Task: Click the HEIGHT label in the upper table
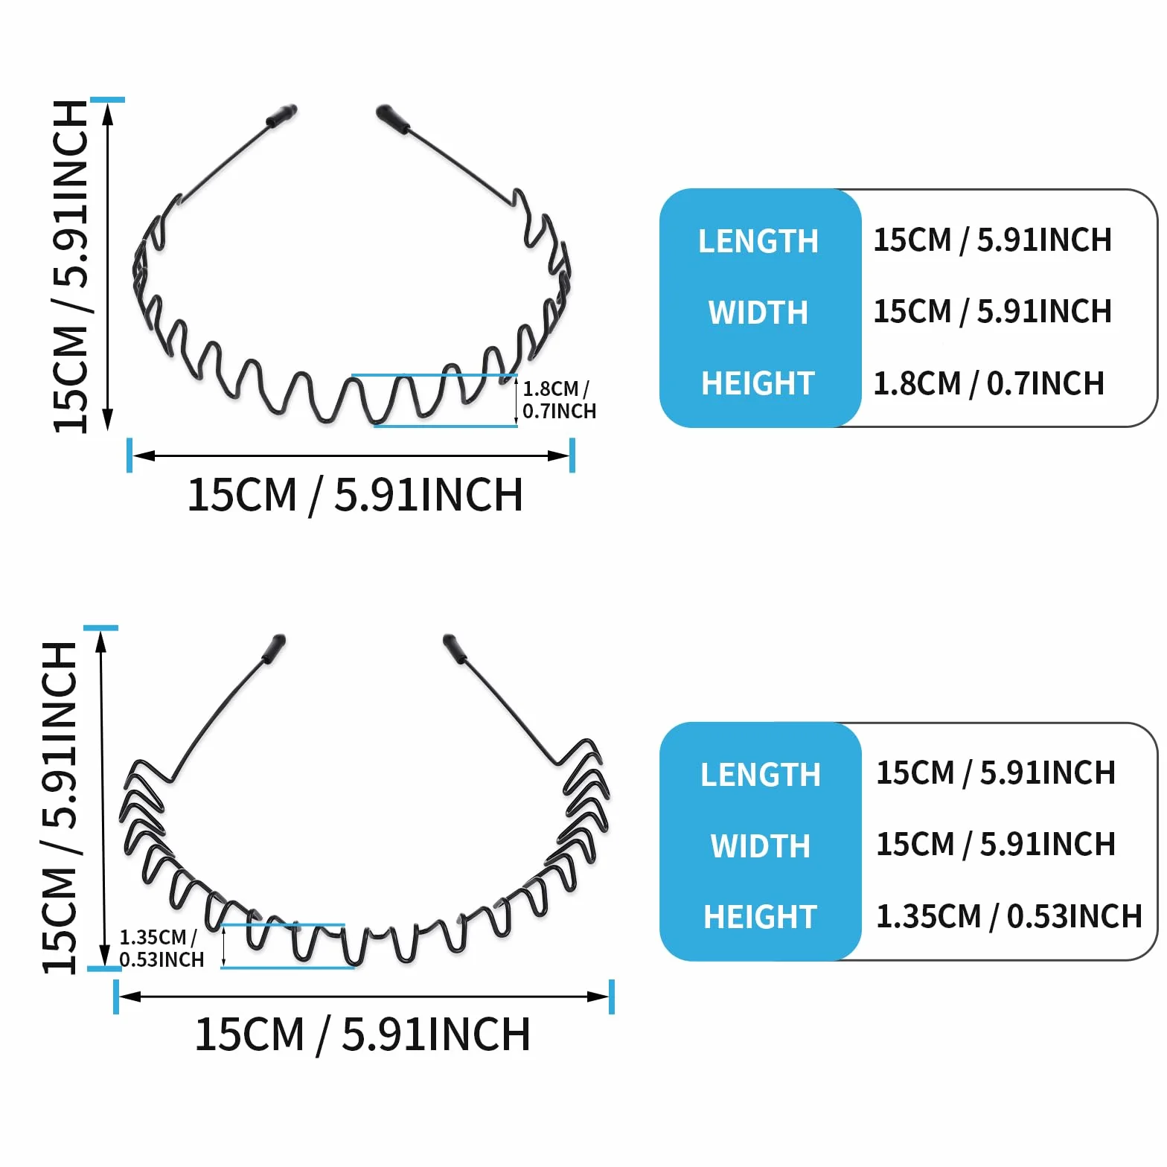pos(758,383)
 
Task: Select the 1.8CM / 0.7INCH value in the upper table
pos(988,383)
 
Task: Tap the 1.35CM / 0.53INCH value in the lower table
pos(1008,916)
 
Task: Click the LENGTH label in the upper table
pos(758,241)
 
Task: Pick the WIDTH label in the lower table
pos(760,846)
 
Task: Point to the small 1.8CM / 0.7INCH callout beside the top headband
pos(559,400)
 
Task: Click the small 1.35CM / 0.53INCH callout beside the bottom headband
pos(162,948)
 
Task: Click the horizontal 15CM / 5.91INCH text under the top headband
pos(355,495)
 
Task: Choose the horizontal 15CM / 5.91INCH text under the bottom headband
pos(362,1035)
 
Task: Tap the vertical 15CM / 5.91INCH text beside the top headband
pos(71,266)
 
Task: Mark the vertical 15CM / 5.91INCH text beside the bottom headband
pos(60,807)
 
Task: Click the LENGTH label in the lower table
pos(760,775)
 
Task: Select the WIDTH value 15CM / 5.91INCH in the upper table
pos(992,311)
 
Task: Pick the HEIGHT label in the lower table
pos(760,917)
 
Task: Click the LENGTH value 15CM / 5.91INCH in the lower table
pos(996,773)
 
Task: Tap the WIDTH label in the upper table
pos(758,313)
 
